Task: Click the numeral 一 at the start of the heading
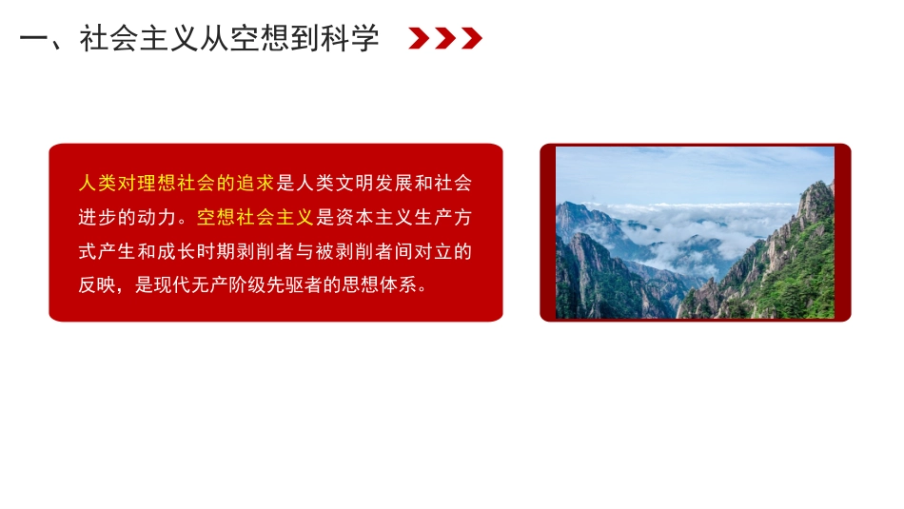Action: tap(34, 39)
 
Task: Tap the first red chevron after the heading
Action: tap(418, 38)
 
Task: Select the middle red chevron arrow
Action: tap(444, 38)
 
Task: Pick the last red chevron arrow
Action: tap(471, 38)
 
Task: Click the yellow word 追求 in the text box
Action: tap(255, 183)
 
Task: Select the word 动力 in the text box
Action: tap(158, 217)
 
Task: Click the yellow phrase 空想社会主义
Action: tap(255, 217)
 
